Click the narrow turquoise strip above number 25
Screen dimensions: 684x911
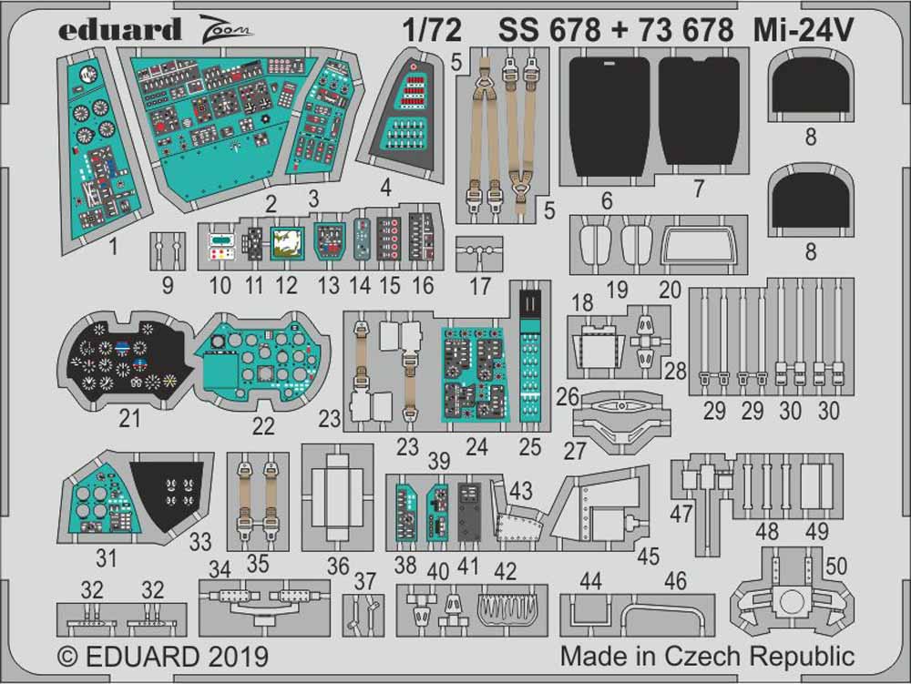pos(530,355)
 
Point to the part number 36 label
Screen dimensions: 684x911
pos(338,566)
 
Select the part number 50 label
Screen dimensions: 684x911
pos(834,566)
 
